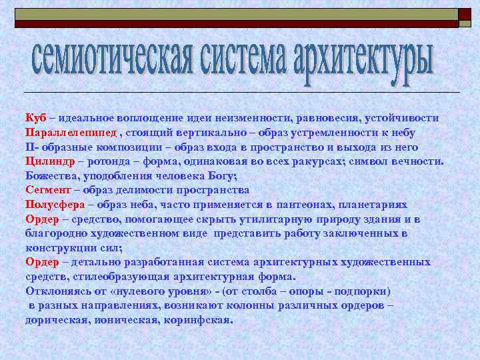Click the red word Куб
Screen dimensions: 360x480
coord(35,118)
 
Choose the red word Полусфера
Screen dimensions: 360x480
coord(55,204)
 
